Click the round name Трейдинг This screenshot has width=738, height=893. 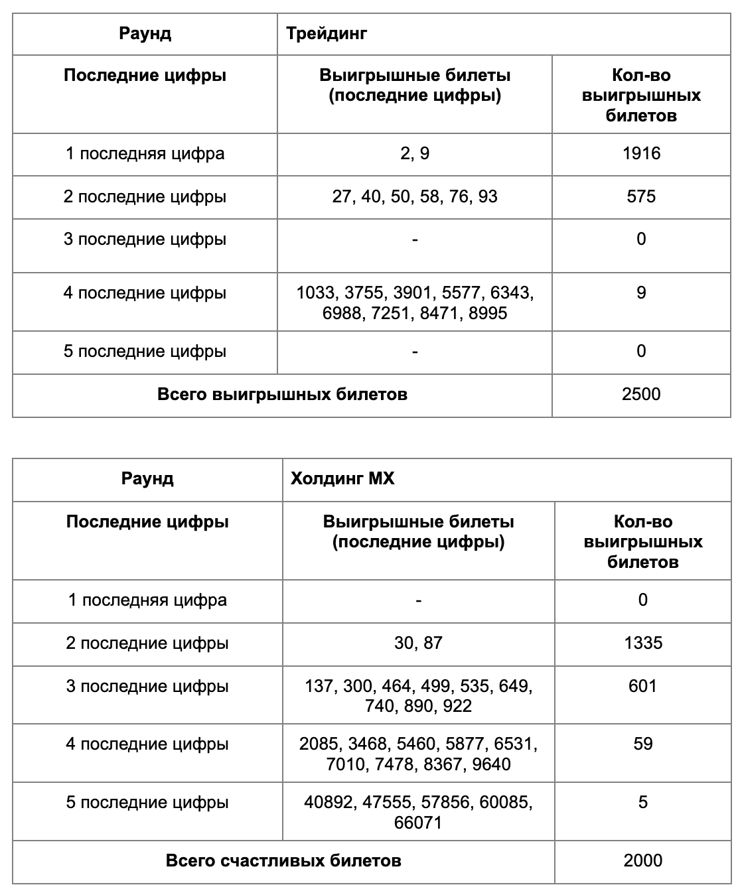pyautogui.click(x=326, y=33)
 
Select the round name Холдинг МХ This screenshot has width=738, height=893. pyautogui.click(x=342, y=478)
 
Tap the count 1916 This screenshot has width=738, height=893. pyautogui.click(x=641, y=154)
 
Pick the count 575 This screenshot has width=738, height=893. pyautogui.click(x=641, y=196)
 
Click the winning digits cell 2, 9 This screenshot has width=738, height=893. pyautogui.click(x=415, y=154)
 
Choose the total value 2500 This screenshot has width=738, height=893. pyautogui.click(x=641, y=395)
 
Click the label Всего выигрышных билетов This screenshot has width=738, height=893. pyautogui.click(x=282, y=395)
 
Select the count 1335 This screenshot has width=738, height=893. pyautogui.click(x=643, y=643)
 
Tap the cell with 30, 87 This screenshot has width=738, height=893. pyautogui.click(x=418, y=643)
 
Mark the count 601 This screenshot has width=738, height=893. pyautogui.click(x=643, y=685)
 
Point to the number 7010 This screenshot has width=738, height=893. pyautogui.click(x=345, y=764)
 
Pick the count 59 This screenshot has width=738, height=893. pyautogui.click(x=643, y=744)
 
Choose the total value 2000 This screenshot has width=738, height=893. pyautogui.click(x=643, y=861)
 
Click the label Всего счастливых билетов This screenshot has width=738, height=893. pyautogui.click(x=283, y=861)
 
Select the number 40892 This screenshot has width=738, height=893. pyautogui.click(x=328, y=802)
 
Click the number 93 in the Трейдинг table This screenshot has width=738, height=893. pyautogui.click(x=487, y=196)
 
